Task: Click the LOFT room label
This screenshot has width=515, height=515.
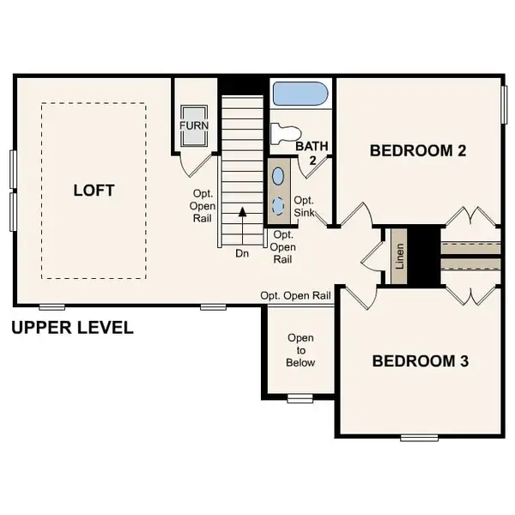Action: coord(94,190)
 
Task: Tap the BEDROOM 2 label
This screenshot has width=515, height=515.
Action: coord(417,151)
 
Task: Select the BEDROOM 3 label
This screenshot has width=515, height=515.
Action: coord(420,360)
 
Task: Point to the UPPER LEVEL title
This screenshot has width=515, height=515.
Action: coord(72,328)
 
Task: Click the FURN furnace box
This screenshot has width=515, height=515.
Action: coord(193,125)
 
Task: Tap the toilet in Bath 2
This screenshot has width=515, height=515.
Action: coord(284,133)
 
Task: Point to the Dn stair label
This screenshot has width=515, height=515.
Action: coord(243,253)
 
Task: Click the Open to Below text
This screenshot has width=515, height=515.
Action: coord(300,349)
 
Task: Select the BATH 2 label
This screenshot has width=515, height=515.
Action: coord(311,153)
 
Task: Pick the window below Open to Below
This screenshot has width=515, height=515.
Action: coord(300,397)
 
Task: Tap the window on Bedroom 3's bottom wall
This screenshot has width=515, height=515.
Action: coord(419,438)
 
